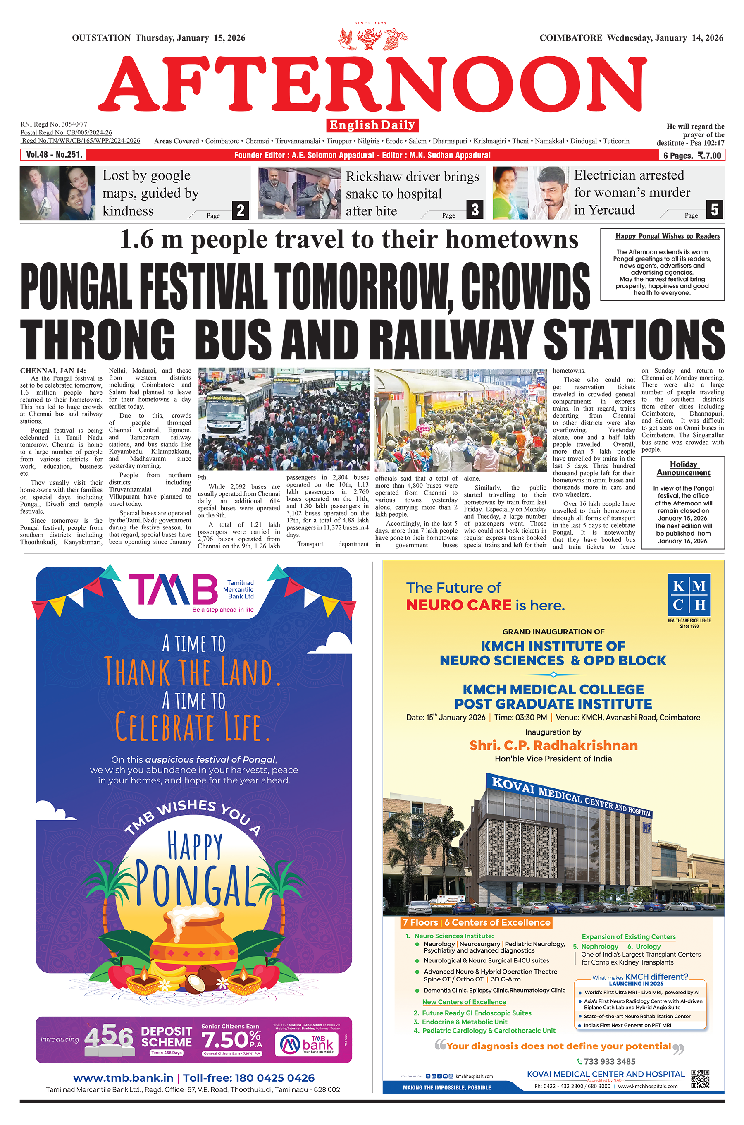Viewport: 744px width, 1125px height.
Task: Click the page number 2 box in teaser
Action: pos(241,210)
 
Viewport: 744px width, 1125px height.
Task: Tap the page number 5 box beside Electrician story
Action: pos(715,209)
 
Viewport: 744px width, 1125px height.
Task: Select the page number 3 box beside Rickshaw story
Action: pos(475,209)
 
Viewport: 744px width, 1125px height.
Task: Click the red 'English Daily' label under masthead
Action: pos(372,125)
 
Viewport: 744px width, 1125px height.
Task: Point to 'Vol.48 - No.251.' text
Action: pos(54,155)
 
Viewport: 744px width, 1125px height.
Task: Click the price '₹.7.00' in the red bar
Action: pos(709,156)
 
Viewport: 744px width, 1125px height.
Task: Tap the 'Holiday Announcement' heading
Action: pos(683,469)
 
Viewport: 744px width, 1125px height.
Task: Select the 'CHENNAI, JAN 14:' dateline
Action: pos(52,371)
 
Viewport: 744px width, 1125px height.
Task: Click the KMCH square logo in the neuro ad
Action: pos(689,595)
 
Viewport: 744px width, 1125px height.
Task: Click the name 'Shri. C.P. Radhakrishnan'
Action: pos(553,745)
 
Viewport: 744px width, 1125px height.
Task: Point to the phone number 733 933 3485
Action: pos(609,1061)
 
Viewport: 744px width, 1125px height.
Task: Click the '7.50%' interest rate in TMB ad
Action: pos(231,1040)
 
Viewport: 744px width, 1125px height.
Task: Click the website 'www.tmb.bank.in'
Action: pos(123,1078)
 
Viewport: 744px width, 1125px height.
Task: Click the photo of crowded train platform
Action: pos(460,420)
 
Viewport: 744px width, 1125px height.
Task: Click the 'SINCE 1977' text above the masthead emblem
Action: pos(371,23)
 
